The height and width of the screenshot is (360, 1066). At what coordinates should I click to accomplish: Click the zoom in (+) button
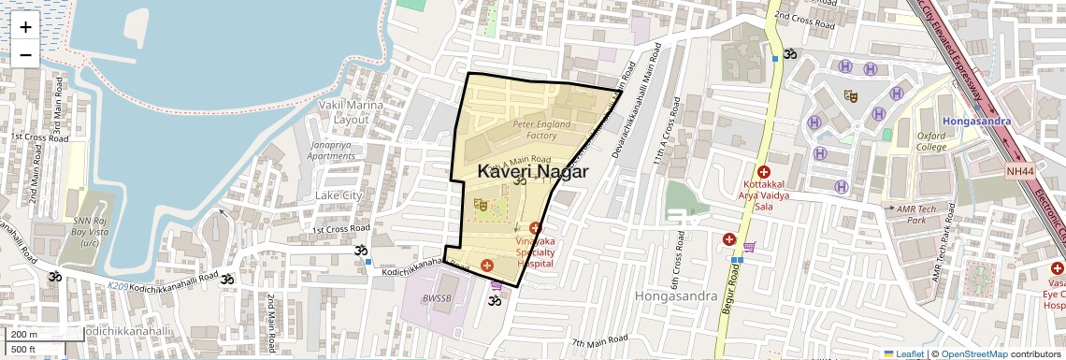coord(25,27)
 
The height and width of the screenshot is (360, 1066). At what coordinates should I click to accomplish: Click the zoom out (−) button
coord(25,54)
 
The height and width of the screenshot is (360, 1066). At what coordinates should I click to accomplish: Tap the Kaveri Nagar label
coord(532,172)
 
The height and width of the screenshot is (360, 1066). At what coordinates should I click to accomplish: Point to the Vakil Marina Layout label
coord(352,112)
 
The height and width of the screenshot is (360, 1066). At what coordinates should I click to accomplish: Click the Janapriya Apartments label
coord(332,151)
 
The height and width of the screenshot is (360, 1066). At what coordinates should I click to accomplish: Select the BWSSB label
coord(437,299)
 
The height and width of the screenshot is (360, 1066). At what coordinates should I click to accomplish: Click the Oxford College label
coord(930,140)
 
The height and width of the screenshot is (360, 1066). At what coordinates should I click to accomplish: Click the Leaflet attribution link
coord(903,353)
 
